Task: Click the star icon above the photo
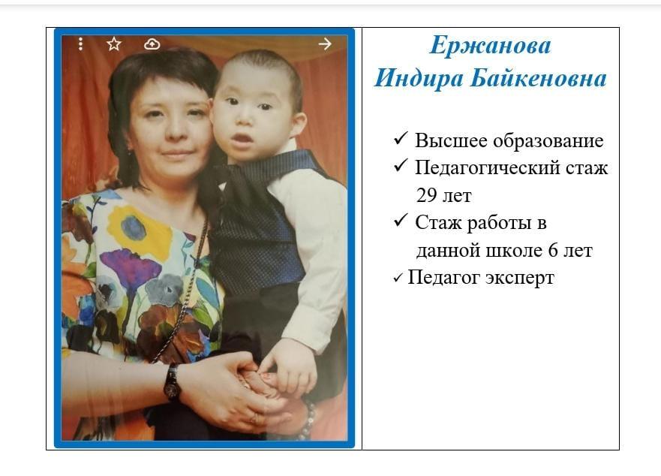click(x=114, y=44)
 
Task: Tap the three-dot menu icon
click(x=80, y=44)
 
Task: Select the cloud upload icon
click(x=152, y=44)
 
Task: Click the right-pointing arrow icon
click(x=325, y=44)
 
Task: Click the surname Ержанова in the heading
click(x=490, y=46)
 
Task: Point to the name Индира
click(x=418, y=79)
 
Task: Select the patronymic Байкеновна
click(x=538, y=79)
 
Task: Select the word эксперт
click(x=519, y=279)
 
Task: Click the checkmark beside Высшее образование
click(x=401, y=138)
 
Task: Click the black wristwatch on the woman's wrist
click(x=172, y=382)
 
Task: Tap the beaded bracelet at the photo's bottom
click(x=310, y=417)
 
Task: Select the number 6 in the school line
click(x=553, y=251)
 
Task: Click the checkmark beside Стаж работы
click(x=401, y=220)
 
